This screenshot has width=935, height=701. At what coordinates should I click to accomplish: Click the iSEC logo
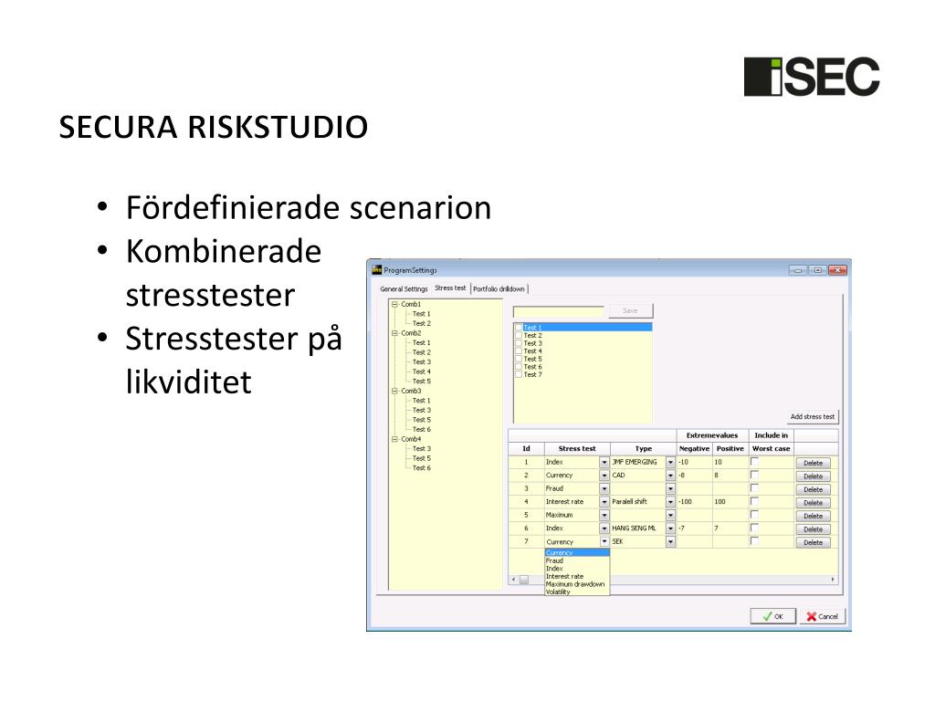coord(811,77)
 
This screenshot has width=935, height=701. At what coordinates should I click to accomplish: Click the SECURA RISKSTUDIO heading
coord(214,128)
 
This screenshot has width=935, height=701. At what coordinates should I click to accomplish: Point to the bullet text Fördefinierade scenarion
coord(309,208)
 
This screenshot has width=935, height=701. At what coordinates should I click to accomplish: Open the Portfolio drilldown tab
coord(499,288)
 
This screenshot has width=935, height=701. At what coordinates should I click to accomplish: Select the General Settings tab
coord(404,288)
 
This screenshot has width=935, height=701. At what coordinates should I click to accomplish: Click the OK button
coord(772,616)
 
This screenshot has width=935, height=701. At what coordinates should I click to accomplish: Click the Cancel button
coord(822,616)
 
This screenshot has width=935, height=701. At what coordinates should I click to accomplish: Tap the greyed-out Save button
coord(630,311)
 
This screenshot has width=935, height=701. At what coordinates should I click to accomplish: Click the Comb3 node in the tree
coord(411,391)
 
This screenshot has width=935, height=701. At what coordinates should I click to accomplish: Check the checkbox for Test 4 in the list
coord(519,350)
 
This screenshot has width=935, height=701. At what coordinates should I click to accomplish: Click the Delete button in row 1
coord(813,463)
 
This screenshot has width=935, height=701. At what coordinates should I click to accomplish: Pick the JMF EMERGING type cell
coord(636,463)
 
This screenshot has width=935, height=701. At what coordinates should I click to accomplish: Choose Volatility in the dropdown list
coord(558,591)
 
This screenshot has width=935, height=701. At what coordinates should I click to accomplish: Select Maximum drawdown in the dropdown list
coord(574,584)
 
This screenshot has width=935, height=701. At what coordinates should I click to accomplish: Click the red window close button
coord(837,270)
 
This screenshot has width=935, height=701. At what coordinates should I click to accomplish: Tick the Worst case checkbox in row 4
coord(754,501)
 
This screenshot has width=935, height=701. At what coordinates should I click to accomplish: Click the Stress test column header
coord(576,448)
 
